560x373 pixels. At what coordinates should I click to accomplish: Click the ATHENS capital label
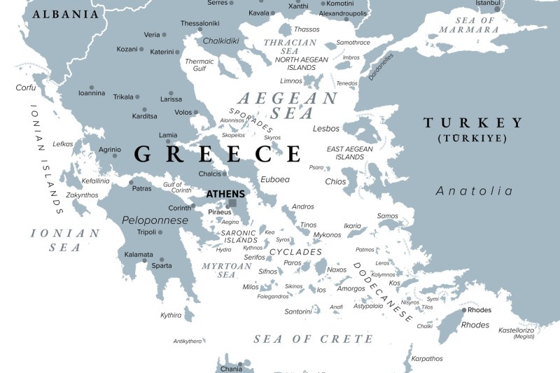coord(225,194)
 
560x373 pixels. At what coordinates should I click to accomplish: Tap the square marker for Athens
coord(232,203)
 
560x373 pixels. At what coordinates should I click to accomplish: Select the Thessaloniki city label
coord(201,23)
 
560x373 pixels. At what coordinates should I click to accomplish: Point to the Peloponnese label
coord(155,220)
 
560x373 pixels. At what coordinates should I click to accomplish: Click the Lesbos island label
coord(326,129)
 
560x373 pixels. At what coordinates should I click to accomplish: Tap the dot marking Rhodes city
coord(463,310)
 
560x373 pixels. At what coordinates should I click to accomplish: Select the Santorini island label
coord(288,311)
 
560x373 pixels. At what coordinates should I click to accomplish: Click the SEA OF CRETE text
coord(313,339)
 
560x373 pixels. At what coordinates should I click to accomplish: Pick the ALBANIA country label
coord(66,14)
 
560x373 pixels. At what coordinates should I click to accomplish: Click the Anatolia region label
coord(474,191)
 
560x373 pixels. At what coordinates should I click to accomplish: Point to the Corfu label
coord(25,87)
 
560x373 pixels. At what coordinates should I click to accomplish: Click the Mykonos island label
coord(328,234)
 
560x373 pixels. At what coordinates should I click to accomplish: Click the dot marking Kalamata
coord(144,260)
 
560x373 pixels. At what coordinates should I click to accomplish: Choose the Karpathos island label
coord(427,358)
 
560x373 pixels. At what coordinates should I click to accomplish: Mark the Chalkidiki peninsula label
coord(222,41)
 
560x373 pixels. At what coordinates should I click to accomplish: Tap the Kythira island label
coord(171,315)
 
